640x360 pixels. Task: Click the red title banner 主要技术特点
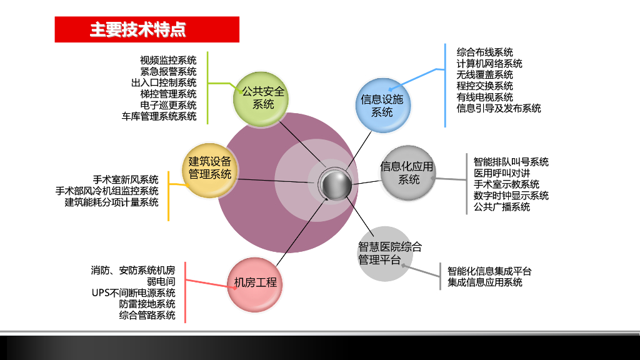point(147,29)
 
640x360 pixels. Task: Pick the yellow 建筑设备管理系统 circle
point(209,168)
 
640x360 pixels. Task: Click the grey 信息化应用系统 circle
point(407,173)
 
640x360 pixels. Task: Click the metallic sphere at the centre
point(334,184)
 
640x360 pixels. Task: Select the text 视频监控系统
point(168,60)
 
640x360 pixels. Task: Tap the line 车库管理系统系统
point(159,116)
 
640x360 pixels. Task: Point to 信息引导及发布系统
point(499,109)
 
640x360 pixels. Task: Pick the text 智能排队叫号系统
point(511,162)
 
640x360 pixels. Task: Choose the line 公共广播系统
point(502,207)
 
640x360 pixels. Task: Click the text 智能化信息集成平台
point(489,271)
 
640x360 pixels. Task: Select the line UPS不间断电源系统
point(133,293)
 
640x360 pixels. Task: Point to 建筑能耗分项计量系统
point(111,202)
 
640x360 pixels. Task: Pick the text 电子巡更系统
point(168,105)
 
